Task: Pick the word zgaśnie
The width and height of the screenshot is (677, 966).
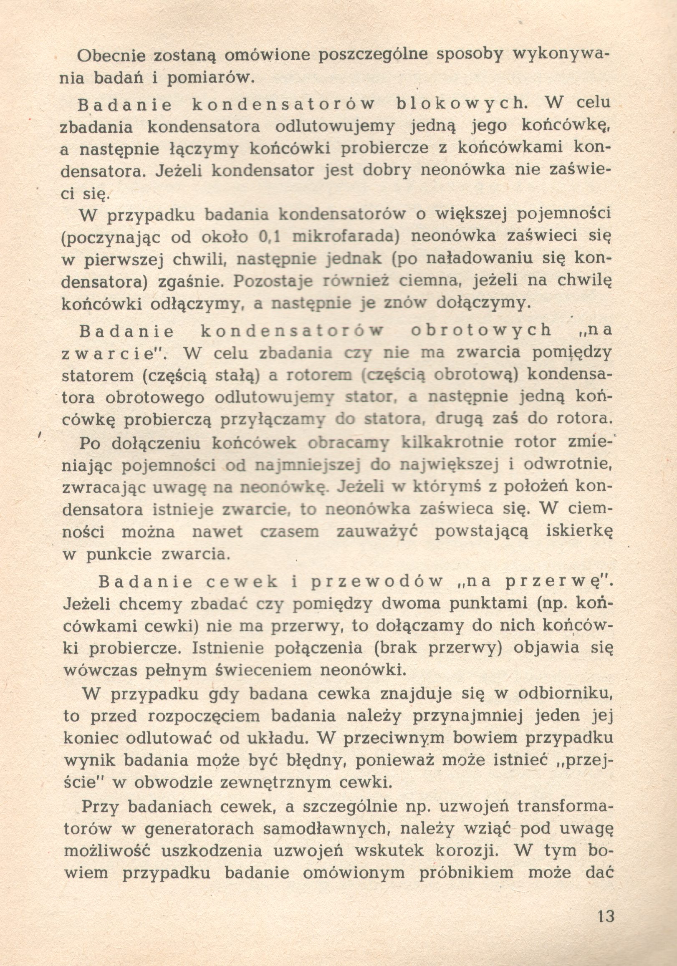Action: click(189, 282)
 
